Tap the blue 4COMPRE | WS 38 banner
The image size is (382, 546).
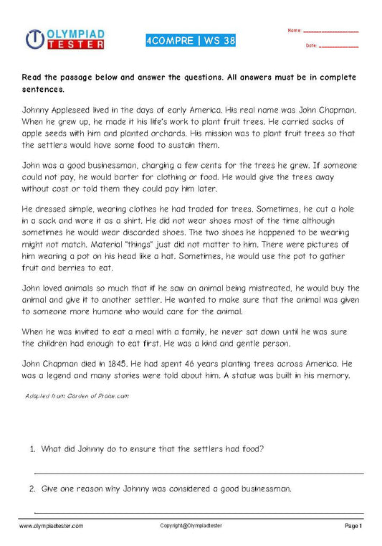click(x=189, y=39)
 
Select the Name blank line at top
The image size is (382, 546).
click(x=331, y=32)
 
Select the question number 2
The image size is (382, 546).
click(x=33, y=489)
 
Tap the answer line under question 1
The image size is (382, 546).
click(x=199, y=473)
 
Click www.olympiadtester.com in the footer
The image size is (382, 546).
click(x=51, y=526)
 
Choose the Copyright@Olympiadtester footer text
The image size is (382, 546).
click(x=191, y=526)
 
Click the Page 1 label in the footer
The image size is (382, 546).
click(x=353, y=526)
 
